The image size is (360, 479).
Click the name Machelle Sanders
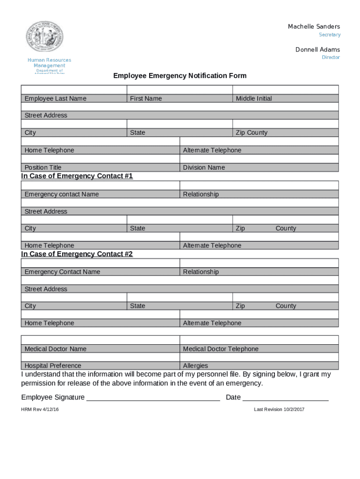[x=314, y=27]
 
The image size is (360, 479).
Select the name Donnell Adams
[x=317, y=50]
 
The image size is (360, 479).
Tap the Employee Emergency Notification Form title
[x=180, y=76]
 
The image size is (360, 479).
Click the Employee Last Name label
[x=55, y=99]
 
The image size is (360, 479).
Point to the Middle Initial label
[x=253, y=99]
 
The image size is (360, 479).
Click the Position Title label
[x=43, y=167]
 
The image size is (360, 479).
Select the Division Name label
[x=204, y=167]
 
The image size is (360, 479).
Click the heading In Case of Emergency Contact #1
[x=77, y=176]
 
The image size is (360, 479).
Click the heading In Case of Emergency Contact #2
[x=77, y=254]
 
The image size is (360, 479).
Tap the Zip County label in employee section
[x=252, y=133]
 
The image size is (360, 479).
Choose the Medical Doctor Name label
[x=55, y=349]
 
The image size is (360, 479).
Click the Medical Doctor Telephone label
[x=221, y=349]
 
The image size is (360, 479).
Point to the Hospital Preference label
[x=53, y=366]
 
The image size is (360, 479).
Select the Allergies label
[x=195, y=366]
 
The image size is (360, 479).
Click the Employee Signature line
[x=153, y=398]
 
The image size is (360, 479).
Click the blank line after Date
[x=285, y=398]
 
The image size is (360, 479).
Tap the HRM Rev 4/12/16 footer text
[x=40, y=410]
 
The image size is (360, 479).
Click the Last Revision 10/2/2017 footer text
[x=279, y=410]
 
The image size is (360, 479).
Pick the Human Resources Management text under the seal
[x=49, y=63]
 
